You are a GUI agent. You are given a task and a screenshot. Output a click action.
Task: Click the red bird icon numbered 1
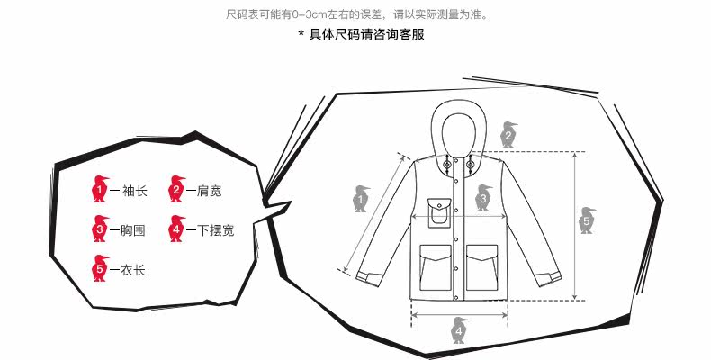click(99, 190)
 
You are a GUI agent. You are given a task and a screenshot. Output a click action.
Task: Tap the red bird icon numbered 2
click(176, 190)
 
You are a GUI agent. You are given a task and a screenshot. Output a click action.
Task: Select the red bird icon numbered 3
click(99, 229)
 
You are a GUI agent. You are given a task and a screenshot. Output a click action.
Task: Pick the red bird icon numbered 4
click(176, 229)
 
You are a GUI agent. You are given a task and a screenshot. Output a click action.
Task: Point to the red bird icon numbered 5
click(99, 267)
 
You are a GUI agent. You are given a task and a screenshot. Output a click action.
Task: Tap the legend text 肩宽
click(209, 191)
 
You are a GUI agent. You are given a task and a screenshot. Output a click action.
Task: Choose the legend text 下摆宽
click(215, 230)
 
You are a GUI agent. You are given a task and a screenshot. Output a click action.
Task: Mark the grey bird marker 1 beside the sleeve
click(362, 198)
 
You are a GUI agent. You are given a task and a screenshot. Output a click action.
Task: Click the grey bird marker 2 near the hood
click(508, 135)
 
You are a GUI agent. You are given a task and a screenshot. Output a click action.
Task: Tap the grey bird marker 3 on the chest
click(483, 197)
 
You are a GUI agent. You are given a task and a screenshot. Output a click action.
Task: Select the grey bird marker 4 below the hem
click(458, 332)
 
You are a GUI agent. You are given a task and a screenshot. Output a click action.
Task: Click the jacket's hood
click(458, 126)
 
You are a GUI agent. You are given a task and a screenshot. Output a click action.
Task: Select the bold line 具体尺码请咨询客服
click(360, 35)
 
